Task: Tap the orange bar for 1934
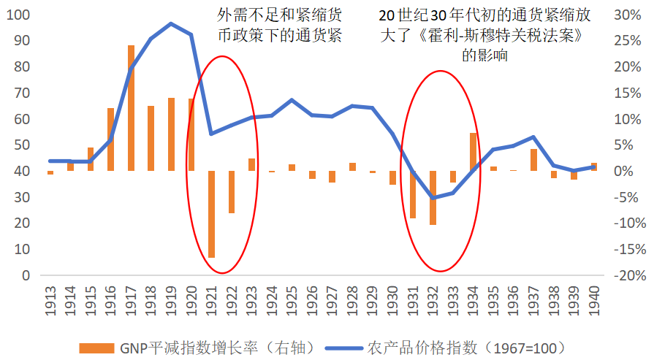pos(473,152)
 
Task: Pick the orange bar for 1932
pos(433,198)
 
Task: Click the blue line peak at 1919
pos(171,23)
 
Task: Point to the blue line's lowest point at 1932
pos(433,198)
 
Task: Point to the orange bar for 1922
pos(232,192)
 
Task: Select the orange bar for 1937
pos(533,160)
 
